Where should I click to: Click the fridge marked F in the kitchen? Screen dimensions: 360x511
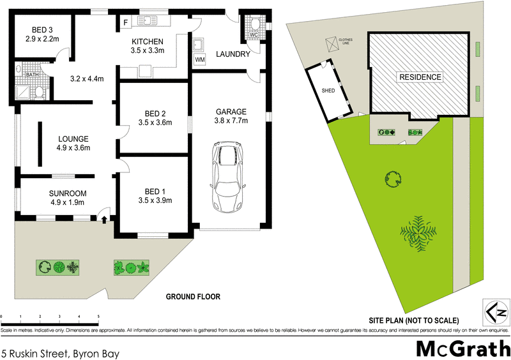tap(126, 23)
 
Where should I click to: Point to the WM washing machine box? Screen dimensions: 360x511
tap(200, 59)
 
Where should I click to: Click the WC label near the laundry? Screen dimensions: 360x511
tap(253, 34)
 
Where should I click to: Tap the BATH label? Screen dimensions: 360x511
tap(31, 75)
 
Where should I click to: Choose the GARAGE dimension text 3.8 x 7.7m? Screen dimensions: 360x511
tap(231, 120)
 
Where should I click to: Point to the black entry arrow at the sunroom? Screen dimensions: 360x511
tap(104, 219)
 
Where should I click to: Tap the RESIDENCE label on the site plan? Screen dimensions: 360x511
tap(420, 77)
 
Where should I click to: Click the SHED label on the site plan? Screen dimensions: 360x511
tap(328, 91)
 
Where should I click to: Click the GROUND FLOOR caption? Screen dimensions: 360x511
tap(193, 297)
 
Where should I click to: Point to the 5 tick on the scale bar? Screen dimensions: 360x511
tap(98, 317)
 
